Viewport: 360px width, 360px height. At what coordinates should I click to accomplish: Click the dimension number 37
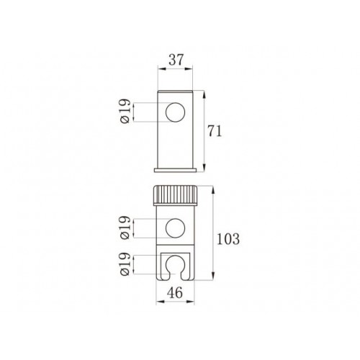coord(176,60)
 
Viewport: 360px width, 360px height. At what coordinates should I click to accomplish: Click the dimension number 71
coord(215,131)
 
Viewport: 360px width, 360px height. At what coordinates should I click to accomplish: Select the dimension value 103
coord(228,239)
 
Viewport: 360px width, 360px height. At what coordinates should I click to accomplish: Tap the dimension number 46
coord(175,292)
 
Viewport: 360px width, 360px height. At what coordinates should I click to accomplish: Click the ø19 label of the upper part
coord(125,111)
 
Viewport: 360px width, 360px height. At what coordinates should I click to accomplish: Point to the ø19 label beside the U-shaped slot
coord(125,264)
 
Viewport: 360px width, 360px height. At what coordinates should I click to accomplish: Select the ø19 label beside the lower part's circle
coord(125,228)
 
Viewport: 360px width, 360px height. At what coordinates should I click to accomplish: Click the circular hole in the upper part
coord(176,112)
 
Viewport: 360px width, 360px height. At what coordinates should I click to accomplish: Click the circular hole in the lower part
coord(176,228)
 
